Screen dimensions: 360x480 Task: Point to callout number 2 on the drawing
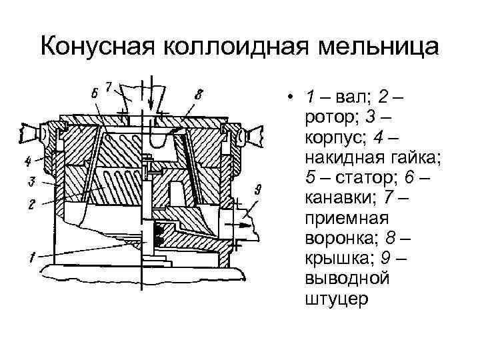coord(31,205)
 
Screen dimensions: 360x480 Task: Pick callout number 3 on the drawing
coord(31,181)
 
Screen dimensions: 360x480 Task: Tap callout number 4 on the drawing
coord(29,161)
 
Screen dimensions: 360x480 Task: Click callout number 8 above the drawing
coord(199,95)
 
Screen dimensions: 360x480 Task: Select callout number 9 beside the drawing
coord(258,189)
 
